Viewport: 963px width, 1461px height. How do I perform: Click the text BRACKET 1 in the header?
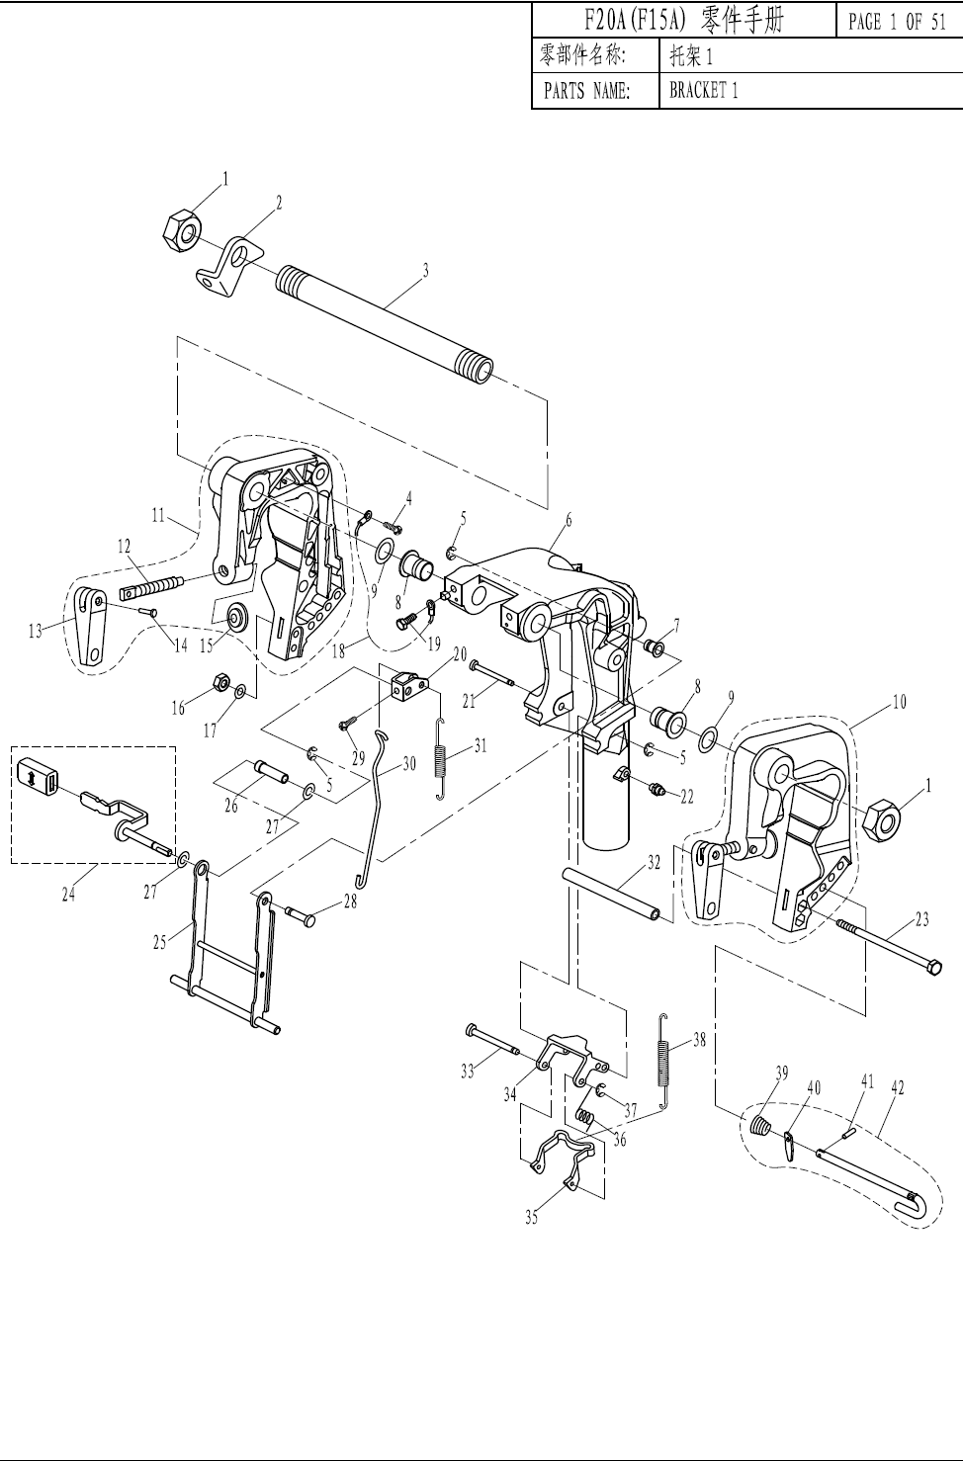704,90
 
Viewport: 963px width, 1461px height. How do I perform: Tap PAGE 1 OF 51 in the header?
897,22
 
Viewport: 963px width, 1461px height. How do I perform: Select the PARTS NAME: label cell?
586,91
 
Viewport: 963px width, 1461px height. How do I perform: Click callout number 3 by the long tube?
425,270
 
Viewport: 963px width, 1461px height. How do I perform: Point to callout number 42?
898,1088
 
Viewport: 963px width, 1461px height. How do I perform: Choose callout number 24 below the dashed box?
68,895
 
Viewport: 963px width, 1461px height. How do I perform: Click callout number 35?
532,1217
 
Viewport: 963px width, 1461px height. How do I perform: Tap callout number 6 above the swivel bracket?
569,520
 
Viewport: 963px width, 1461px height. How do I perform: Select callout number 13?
36,631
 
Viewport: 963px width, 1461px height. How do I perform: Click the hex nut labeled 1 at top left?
181,231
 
